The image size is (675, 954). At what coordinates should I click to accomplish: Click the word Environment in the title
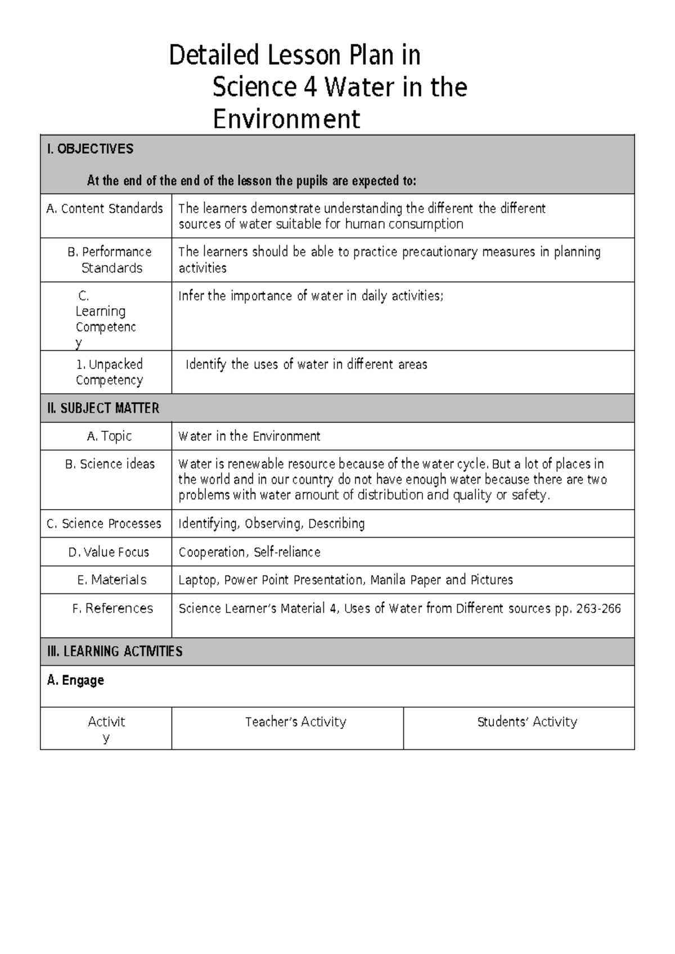coord(286,119)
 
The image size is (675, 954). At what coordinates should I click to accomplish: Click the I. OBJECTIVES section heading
coord(90,149)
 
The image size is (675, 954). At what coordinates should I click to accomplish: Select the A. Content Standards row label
coord(105,209)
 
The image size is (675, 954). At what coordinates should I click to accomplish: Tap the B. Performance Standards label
coord(110,260)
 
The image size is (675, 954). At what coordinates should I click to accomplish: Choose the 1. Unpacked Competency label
coord(110,372)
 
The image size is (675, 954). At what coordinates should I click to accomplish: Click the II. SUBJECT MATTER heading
coord(103,408)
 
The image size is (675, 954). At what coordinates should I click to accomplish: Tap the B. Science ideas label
coord(110,464)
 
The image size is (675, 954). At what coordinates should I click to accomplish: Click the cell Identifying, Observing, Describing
coord(271,524)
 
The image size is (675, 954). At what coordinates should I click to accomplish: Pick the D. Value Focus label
coord(109,552)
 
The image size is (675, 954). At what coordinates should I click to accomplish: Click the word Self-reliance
coord(287,552)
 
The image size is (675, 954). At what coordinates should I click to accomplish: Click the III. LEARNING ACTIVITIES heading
coord(115,652)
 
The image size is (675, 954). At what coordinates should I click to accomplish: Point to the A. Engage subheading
coord(75,681)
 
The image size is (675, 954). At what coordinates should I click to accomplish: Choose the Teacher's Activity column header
coord(295,722)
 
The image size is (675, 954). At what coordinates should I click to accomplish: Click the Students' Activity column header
coord(527,722)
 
